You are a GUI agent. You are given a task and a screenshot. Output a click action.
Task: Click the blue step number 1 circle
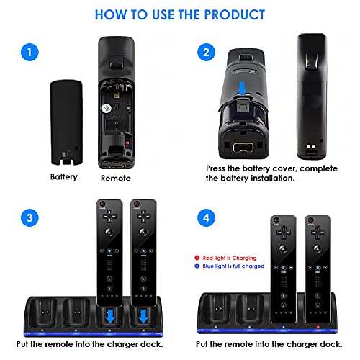coord(30,52)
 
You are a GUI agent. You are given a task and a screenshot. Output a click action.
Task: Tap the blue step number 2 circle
coord(206,52)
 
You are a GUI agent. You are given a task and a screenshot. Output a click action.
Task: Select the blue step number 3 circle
coord(30,218)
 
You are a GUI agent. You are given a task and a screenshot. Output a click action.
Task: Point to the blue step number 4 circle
coord(206,218)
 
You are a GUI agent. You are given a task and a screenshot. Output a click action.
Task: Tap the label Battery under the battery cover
coord(64,177)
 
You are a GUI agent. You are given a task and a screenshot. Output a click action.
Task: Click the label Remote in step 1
coord(116,179)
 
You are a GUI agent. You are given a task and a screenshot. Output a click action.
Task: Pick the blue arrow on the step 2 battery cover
coord(242,89)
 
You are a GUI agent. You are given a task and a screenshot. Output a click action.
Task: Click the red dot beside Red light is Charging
coord(197,258)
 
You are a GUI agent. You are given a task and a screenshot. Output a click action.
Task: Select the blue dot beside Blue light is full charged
coord(197,266)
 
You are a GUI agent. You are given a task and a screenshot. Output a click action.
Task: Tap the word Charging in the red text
coord(244,258)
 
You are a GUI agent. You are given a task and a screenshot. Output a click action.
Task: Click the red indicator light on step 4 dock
coord(318,327)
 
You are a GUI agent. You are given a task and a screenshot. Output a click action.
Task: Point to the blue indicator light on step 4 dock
coord(284,327)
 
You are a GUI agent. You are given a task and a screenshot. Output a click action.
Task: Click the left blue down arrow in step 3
coord(110,316)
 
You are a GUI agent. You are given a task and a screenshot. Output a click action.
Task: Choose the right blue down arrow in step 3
coord(143,316)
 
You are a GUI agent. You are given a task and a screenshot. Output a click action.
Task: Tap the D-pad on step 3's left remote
coord(109,216)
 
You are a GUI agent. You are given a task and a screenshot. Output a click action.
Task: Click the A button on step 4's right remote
coord(318,249)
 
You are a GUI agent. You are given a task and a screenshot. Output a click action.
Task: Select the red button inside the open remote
coord(127,143)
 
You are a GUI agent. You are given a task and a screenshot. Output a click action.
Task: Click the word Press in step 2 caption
coord(216,168)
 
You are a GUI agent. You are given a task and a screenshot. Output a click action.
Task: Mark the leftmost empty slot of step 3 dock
coord(44,312)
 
